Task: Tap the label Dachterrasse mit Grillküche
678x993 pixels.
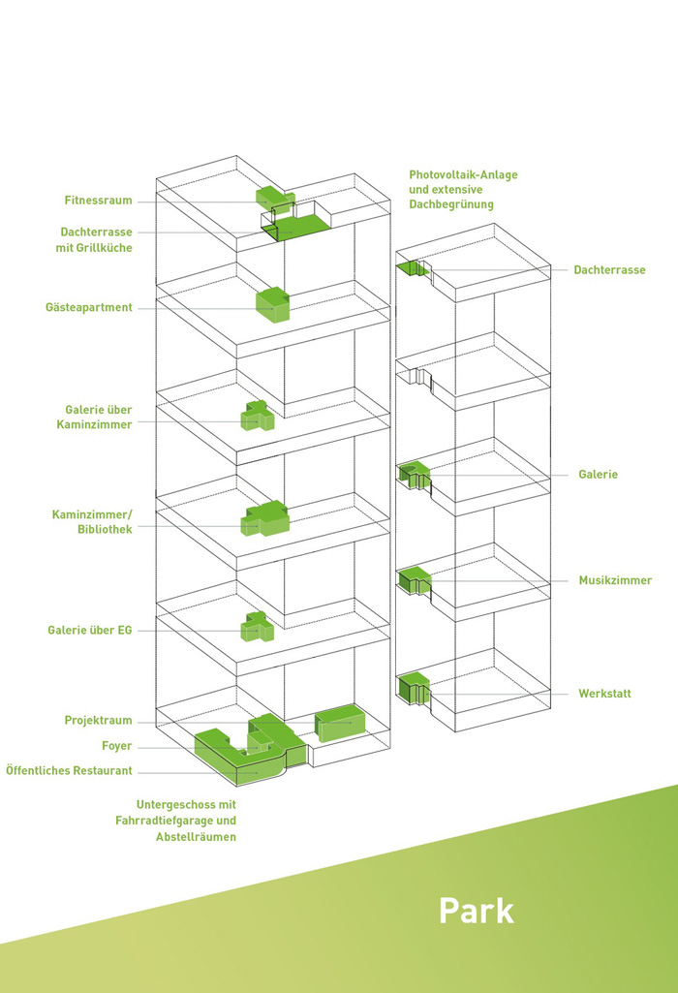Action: tap(96, 239)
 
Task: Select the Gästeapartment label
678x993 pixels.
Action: tap(88, 308)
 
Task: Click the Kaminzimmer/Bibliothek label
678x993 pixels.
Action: tap(93, 521)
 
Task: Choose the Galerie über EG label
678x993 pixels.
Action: tap(89, 631)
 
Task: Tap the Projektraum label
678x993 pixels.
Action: tap(98, 721)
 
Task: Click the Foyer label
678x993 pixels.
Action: tap(116, 746)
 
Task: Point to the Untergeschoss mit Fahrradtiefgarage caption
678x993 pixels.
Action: tap(186, 821)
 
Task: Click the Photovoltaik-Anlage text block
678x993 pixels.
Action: tap(463, 190)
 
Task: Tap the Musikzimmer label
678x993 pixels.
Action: tap(615, 580)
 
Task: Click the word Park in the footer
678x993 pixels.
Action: tap(476, 911)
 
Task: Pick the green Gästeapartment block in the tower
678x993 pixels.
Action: tap(272, 305)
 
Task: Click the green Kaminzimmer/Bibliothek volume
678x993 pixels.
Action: tap(264, 520)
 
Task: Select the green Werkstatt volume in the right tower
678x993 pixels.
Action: tap(411, 686)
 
